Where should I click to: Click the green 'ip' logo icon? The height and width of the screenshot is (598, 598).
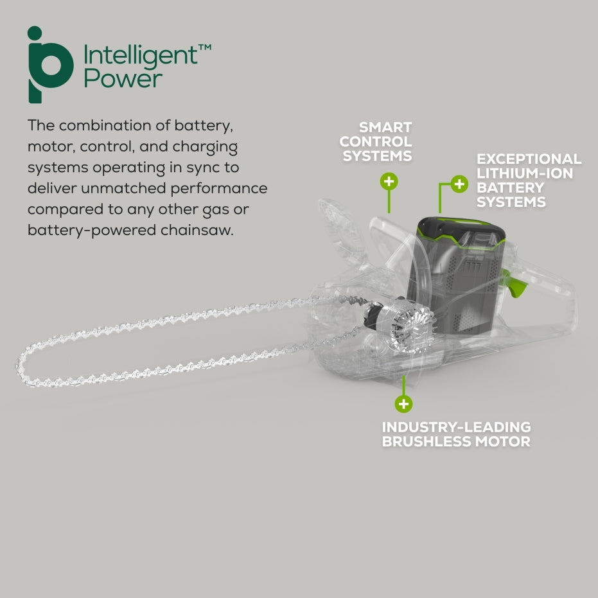[x=50, y=65]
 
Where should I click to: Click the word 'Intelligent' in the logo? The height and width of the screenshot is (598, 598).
[x=140, y=56]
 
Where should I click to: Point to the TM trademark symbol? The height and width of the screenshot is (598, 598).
[x=205, y=48]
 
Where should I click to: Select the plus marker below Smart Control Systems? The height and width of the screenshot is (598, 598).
[x=389, y=181]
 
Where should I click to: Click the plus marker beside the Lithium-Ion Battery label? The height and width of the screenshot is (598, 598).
[x=459, y=184]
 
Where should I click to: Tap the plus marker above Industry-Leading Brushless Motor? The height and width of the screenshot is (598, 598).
[x=403, y=403]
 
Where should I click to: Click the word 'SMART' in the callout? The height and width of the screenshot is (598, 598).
[x=385, y=127]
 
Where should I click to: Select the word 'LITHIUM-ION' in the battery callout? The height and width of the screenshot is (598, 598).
[x=525, y=173]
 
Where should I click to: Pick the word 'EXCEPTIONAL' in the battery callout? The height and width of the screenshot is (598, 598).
[x=529, y=159]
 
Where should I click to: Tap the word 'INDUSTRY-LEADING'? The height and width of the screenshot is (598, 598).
[x=457, y=427]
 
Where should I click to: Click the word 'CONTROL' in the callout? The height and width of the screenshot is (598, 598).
[x=376, y=141]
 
